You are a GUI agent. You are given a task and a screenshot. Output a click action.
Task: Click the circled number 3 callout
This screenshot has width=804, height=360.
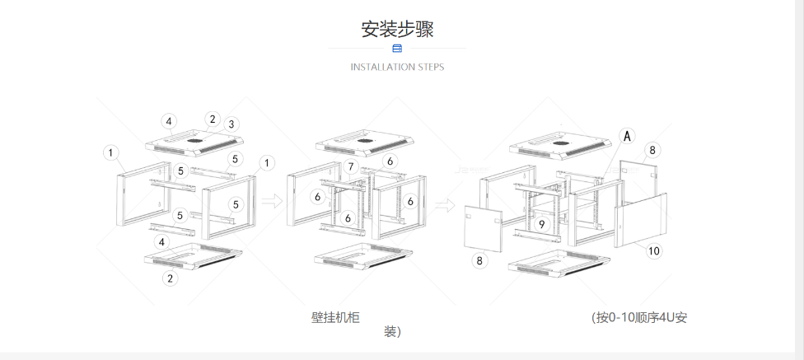tap(231, 124)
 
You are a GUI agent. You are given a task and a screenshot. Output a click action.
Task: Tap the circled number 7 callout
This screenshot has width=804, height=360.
tap(351, 167)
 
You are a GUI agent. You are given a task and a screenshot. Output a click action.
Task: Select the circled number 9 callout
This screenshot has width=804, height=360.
tap(541, 224)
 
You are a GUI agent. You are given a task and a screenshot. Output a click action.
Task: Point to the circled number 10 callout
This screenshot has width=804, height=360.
tap(653, 251)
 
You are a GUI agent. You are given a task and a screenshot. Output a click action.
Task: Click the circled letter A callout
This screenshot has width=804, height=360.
tap(628, 136)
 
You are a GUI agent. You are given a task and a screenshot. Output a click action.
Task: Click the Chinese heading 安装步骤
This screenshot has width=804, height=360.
tap(397, 29)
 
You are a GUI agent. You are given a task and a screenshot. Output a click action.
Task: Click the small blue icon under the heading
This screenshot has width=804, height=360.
tap(397, 49)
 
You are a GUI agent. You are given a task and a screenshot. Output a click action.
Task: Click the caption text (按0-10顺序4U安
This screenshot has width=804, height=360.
tap(638, 317)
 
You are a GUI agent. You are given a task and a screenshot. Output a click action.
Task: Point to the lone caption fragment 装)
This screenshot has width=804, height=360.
tap(392, 333)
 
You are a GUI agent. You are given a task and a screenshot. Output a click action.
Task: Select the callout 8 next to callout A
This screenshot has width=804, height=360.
tap(652, 150)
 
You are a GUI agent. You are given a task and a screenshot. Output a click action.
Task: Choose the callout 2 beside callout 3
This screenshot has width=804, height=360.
tap(212, 119)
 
